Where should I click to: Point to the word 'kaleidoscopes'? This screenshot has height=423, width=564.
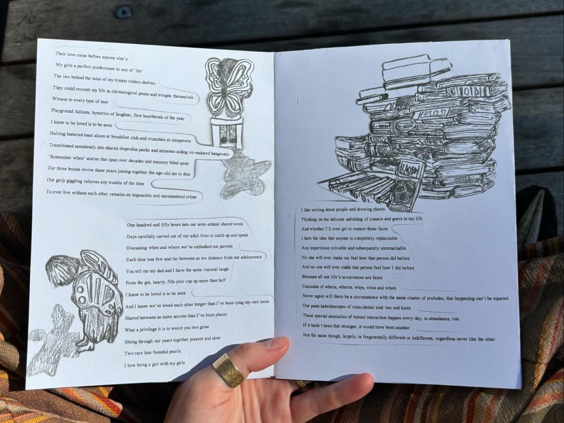click(331, 307)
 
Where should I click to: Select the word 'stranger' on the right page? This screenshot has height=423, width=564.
click(342, 327)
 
